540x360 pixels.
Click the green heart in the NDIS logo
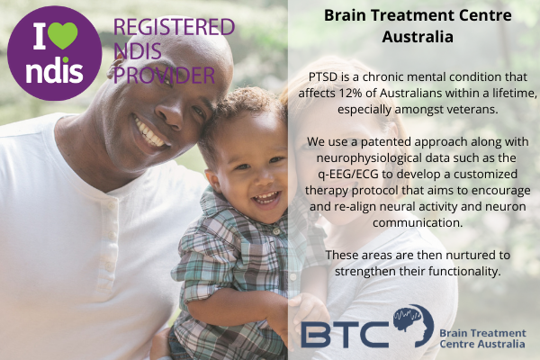[x=63, y=35]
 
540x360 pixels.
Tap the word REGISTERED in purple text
[x=174, y=27]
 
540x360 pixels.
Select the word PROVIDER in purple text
[x=165, y=75]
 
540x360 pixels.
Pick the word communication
[x=418, y=222]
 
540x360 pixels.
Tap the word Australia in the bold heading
[x=418, y=37]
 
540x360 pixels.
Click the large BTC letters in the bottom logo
[x=345, y=334]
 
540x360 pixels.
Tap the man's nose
[x=168, y=116]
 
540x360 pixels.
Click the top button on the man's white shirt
[x=111, y=207]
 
